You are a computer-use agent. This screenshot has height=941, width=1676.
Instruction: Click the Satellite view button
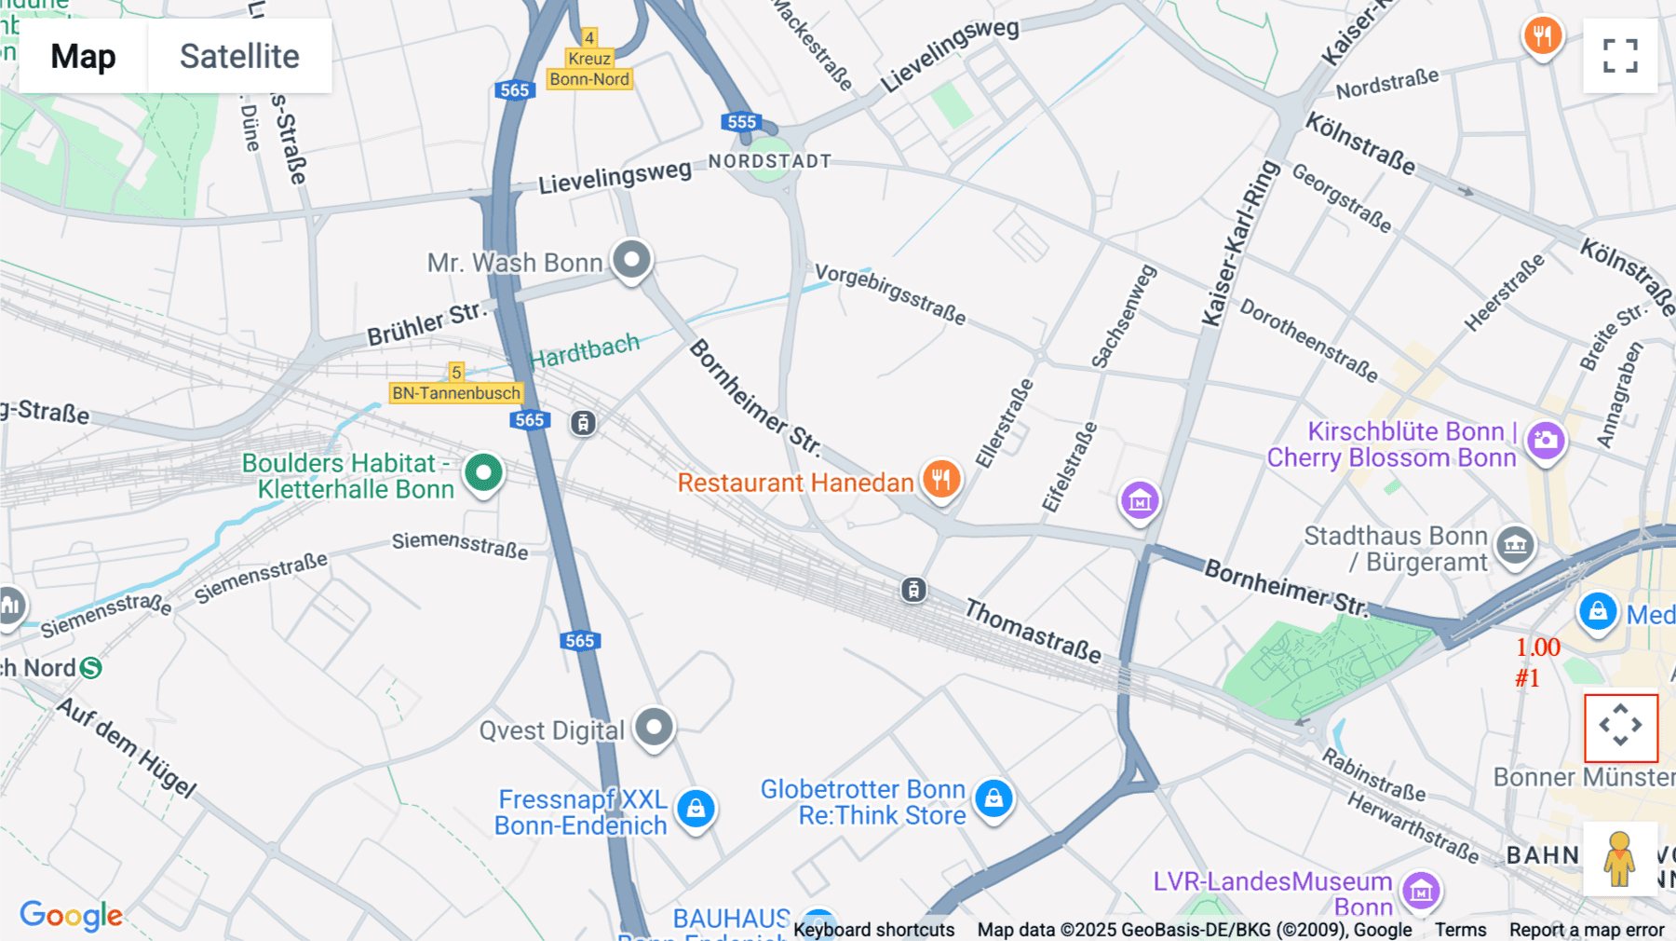(239, 56)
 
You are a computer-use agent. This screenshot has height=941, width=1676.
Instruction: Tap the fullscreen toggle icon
(1620, 56)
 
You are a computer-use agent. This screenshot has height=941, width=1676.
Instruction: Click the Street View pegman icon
(1619, 858)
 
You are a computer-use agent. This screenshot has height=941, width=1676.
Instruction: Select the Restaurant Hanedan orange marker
(941, 480)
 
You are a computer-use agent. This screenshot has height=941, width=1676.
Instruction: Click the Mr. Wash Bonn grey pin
(631, 260)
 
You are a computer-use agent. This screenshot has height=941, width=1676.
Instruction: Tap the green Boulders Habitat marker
(483, 473)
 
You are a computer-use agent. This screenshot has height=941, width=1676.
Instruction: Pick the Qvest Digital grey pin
(654, 727)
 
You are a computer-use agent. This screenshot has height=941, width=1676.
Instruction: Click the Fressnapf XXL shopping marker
(696, 809)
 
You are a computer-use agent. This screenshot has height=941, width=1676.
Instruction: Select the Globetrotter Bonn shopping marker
(993, 798)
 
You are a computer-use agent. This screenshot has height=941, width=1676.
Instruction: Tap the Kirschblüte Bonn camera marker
(1546, 440)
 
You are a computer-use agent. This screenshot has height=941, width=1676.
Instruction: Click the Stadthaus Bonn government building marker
(1515, 545)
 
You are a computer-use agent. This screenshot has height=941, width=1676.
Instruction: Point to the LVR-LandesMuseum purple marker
(1421, 892)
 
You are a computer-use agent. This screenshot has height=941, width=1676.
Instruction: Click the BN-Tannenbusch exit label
(456, 393)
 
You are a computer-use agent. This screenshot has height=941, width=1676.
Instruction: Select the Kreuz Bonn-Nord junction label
(589, 69)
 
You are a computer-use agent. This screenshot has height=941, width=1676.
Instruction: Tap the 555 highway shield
(741, 122)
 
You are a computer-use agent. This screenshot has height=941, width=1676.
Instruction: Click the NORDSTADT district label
(769, 161)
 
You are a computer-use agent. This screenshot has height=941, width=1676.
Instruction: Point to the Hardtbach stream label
(585, 351)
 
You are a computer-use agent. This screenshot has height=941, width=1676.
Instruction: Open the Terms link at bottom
(1460, 929)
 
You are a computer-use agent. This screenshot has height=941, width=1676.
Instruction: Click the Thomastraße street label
(1033, 631)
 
